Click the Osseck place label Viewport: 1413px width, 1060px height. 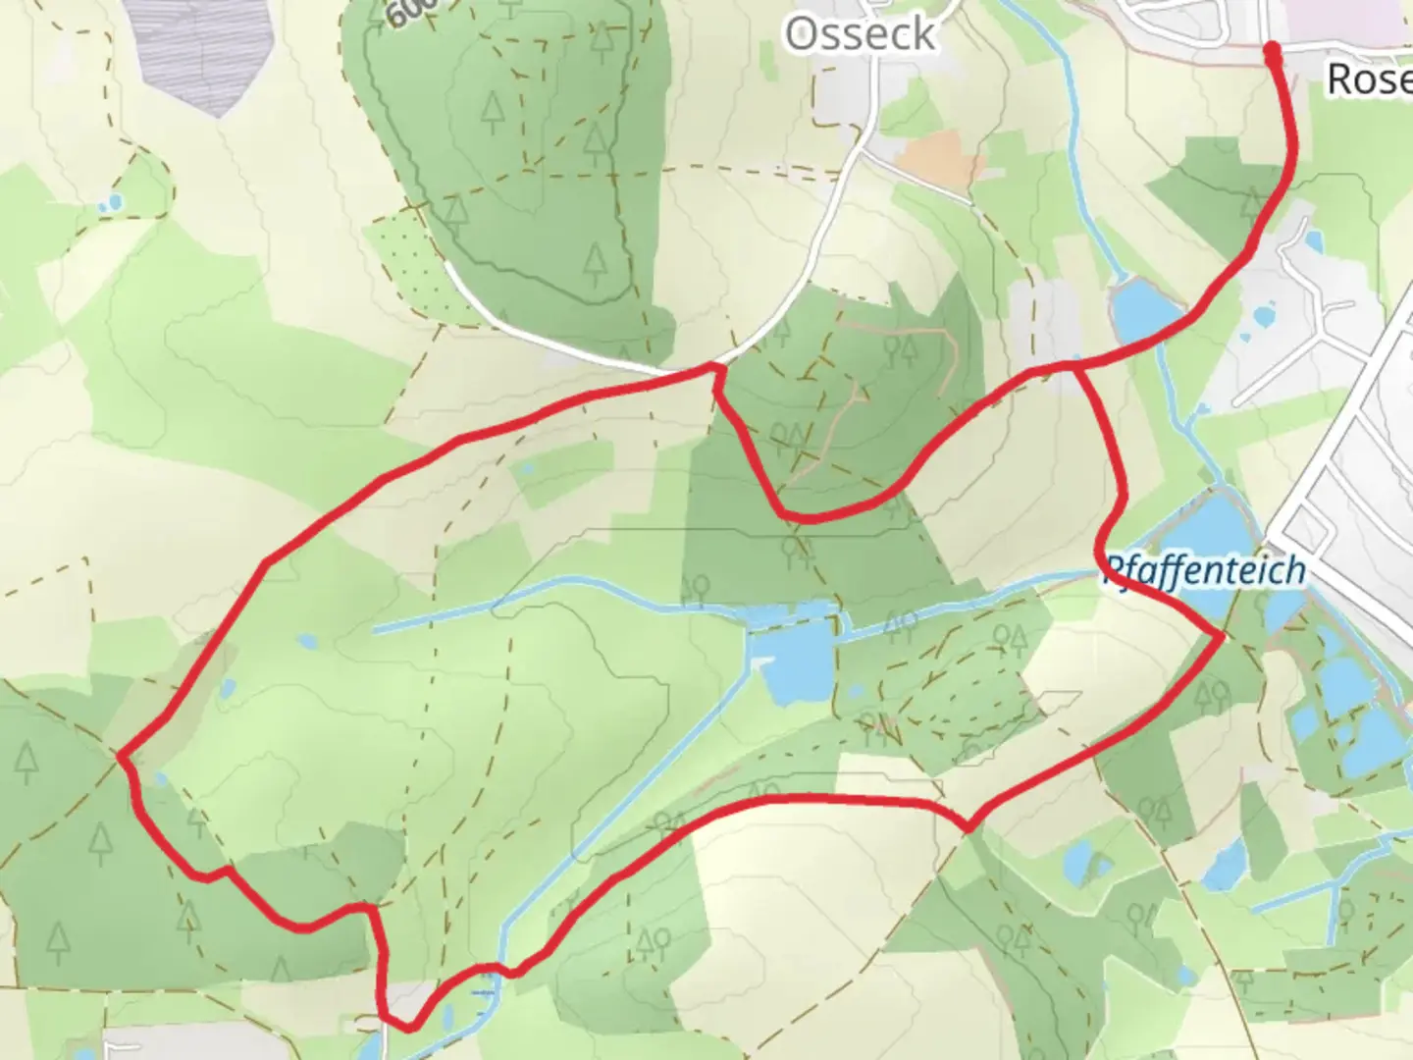pyautogui.click(x=860, y=34)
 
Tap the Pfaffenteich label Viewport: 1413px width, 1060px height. pyautogui.click(x=1205, y=570)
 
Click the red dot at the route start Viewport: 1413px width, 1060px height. pyautogui.click(x=1273, y=51)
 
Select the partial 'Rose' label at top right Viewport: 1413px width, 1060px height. pyautogui.click(x=1369, y=79)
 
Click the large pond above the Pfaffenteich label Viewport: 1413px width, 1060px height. pyautogui.click(x=1205, y=525)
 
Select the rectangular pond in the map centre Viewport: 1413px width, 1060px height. pyautogui.click(x=797, y=663)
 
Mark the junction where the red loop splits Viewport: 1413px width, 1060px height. pyautogui.click(x=1076, y=365)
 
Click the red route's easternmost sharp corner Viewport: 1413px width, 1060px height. pyautogui.click(x=1223, y=637)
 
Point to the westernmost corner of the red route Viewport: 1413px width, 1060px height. pyautogui.click(x=120, y=755)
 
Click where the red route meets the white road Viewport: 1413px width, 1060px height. pyautogui.click(x=715, y=368)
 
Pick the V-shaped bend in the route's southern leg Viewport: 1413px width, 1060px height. pyautogui.click(x=968, y=827)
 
